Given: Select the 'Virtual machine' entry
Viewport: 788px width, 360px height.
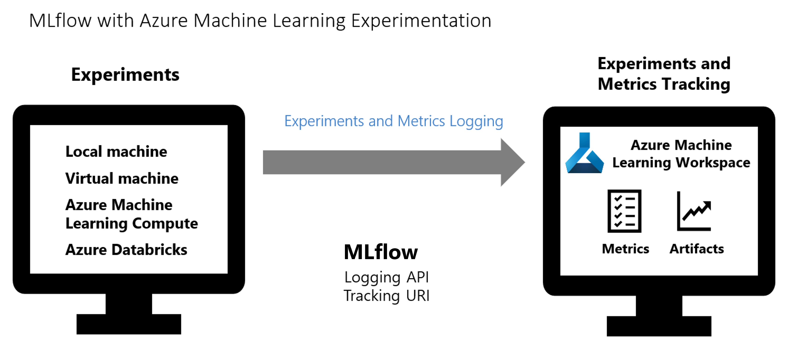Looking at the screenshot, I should pos(122,178).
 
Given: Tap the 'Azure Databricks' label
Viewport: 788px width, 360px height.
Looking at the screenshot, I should pos(126,250).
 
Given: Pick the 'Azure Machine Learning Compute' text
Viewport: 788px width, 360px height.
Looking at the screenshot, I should pos(132,214).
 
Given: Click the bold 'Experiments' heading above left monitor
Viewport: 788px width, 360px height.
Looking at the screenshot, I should pos(125,75).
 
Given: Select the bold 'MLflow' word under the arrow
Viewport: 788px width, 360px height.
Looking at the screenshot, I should pos(381,252).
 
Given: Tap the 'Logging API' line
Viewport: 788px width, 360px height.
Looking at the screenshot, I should pos(386,277).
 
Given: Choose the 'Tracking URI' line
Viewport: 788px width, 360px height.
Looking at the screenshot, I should pos(386,296).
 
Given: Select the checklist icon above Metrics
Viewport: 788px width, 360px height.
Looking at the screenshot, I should pos(624,211).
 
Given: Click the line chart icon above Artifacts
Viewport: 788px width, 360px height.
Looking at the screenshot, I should pos(694,211).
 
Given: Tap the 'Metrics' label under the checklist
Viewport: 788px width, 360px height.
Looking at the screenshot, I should pos(625,249).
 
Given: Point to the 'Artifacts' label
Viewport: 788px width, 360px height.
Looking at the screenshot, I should pos(697,249).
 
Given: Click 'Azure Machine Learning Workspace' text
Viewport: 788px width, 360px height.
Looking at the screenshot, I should pos(681,154).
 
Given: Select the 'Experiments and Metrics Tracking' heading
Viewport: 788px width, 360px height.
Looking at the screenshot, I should pos(664,74).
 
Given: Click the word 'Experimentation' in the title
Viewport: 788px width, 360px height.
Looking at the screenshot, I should pos(421,21).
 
